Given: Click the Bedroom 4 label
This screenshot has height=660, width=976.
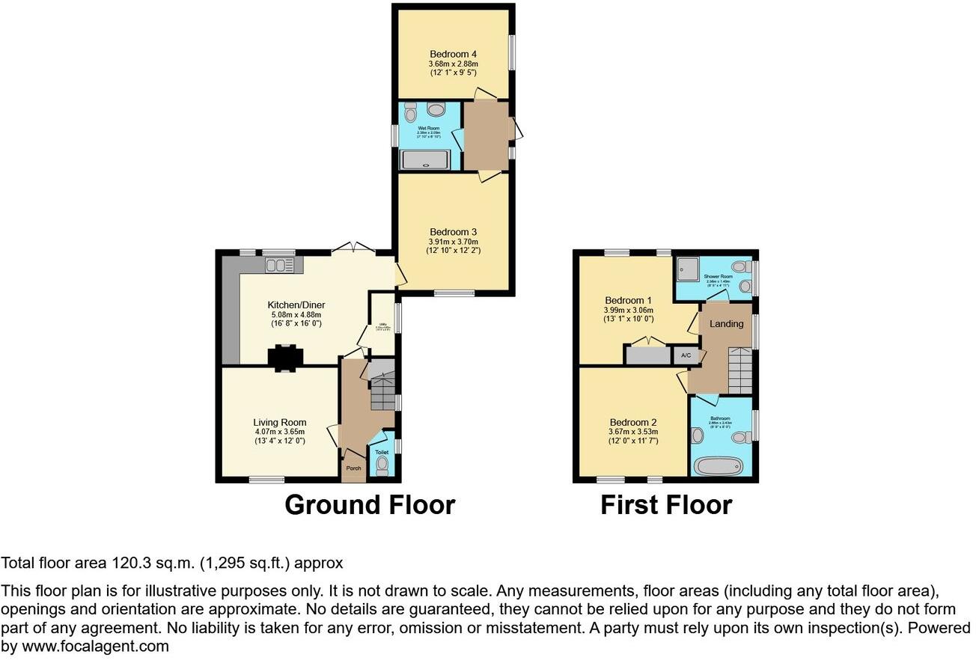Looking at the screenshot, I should point(453,54).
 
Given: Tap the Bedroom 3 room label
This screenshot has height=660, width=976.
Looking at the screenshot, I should point(454,231).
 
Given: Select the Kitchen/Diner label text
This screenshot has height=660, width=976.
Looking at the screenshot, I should point(296,305).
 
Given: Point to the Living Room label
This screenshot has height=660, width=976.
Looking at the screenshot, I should point(279,422).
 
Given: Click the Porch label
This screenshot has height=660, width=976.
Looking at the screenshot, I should point(353,468).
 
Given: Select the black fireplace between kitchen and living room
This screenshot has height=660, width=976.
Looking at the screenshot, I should point(285,358).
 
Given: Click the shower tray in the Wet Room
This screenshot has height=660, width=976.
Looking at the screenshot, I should point(426,159).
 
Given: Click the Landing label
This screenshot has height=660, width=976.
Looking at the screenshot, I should point(726,324).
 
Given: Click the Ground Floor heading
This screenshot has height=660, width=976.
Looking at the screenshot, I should point(370,504).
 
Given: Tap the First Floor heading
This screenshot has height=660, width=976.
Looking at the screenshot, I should point(665,504).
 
